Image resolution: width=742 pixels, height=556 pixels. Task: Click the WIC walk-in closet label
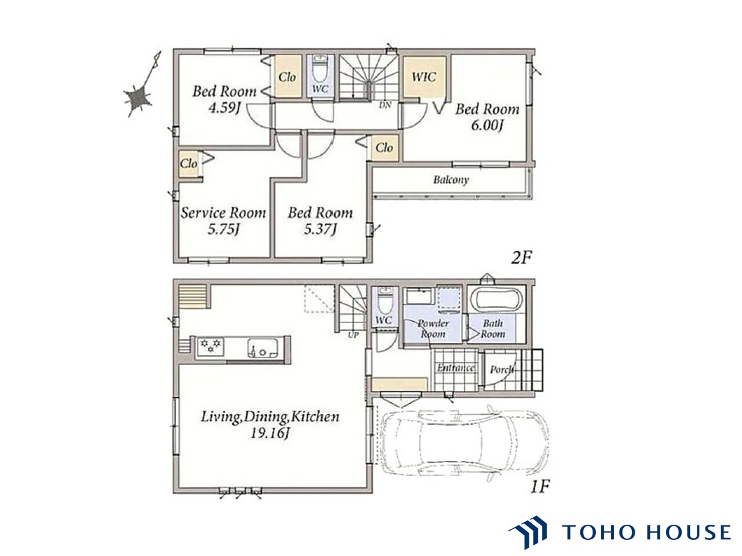click(x=424, y=77)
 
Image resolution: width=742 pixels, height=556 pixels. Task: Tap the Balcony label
click(x=451, y=180)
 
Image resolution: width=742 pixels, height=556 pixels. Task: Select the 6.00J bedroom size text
click(x=487, y=126)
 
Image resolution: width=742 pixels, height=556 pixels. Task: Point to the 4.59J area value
click(x=224, y=108)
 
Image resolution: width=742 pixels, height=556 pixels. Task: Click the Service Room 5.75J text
click(x=223, y=221)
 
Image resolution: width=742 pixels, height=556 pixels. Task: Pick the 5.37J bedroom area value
click(x=320, y=229)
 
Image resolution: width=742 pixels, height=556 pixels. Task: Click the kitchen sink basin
click(x=263, y=348)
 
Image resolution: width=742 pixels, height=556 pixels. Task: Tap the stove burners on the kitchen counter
click(x=210, y=346)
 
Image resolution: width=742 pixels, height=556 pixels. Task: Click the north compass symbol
click(x=141, y=88)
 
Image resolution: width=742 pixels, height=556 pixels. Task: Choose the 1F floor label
click(x=540, y=487)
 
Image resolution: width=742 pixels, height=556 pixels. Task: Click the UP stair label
click(x=353, y=335)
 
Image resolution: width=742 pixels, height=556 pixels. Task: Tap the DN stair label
click(x=385, y=105)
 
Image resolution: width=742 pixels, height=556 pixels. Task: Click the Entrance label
click(x=456, y=368)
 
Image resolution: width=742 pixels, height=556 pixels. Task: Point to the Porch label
click(x=501, y=370)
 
